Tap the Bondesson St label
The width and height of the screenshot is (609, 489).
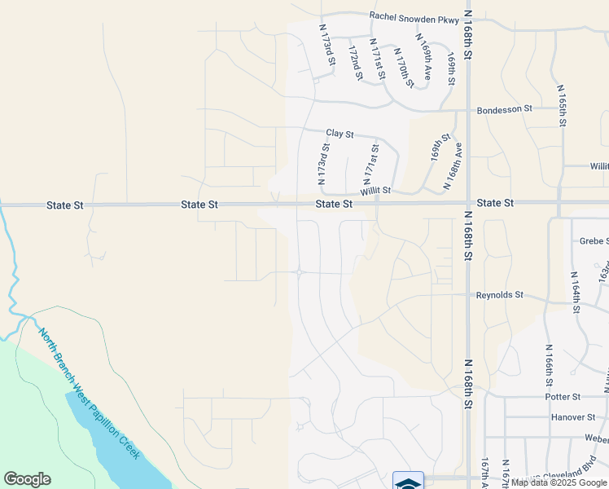coord(504,108)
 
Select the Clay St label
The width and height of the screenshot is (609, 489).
coord(340,133)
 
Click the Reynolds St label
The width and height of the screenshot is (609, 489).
coord(499,295)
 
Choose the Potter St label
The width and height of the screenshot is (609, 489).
coord(563,397)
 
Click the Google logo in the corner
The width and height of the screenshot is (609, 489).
coord(27,479)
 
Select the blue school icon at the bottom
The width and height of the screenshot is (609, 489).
coord(408,482)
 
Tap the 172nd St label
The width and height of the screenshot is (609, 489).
coord(355,63)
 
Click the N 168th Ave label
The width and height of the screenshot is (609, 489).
coord(453,166)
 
